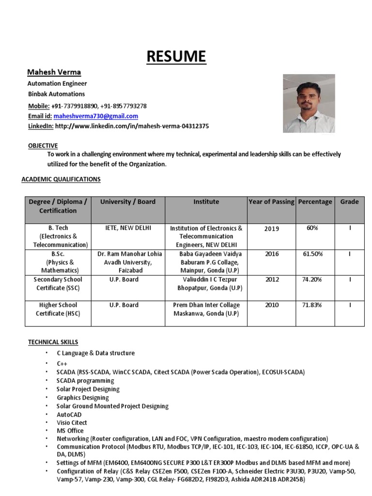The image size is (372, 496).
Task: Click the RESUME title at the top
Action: pos(177,56)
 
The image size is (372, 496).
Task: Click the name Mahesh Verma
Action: pos(54,72)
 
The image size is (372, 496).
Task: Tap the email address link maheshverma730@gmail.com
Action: pos(96,116)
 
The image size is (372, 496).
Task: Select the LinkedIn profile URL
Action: pos(132,126)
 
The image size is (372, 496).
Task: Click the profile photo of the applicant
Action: pos(309,103)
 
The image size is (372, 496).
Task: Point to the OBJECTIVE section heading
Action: pos(43,145)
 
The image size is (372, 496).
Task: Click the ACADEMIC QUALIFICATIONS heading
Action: pos(61,179)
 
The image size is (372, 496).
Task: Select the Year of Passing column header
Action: pos(271,201)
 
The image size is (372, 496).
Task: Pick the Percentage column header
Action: pos(315,201)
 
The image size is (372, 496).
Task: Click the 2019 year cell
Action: pos(271,229)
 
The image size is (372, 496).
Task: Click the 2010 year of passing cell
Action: pos(271,305)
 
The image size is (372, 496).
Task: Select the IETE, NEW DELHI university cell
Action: pos(128,228)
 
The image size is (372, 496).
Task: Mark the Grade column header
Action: pos(349,201)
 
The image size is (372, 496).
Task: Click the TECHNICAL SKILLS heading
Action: pos(53,342)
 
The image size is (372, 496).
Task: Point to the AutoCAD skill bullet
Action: pos(69,415)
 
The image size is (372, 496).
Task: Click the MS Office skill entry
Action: pos(70,431)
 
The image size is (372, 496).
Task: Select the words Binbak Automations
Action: pos(56,94)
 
